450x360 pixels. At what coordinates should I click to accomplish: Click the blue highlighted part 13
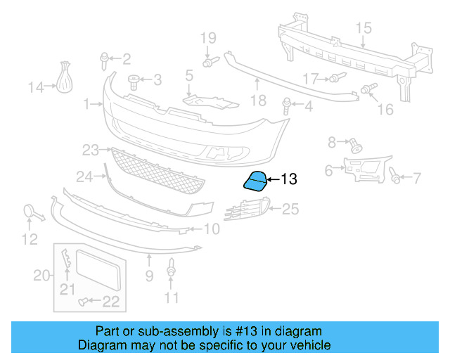point(255,181)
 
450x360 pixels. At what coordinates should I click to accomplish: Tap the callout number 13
point(289,180)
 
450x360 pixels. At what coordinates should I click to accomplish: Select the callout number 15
point(362,28)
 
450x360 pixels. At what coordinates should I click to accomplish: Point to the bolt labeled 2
point(105,58)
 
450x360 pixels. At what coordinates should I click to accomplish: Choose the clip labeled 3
point(133,79)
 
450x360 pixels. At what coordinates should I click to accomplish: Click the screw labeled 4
point(287,106)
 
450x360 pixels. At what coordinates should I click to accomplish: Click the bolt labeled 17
point(335,77)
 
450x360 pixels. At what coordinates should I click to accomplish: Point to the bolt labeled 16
point(367,89)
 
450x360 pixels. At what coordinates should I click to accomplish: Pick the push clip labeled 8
point(355,146)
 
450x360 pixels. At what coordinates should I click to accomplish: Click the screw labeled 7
point(396,177)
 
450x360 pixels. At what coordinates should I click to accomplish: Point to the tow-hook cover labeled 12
point(32,211)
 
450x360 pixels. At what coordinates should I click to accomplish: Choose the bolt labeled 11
point(171,269)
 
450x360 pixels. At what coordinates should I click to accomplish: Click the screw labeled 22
point(85,302)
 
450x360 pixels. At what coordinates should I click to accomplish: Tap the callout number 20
point(42,275)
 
